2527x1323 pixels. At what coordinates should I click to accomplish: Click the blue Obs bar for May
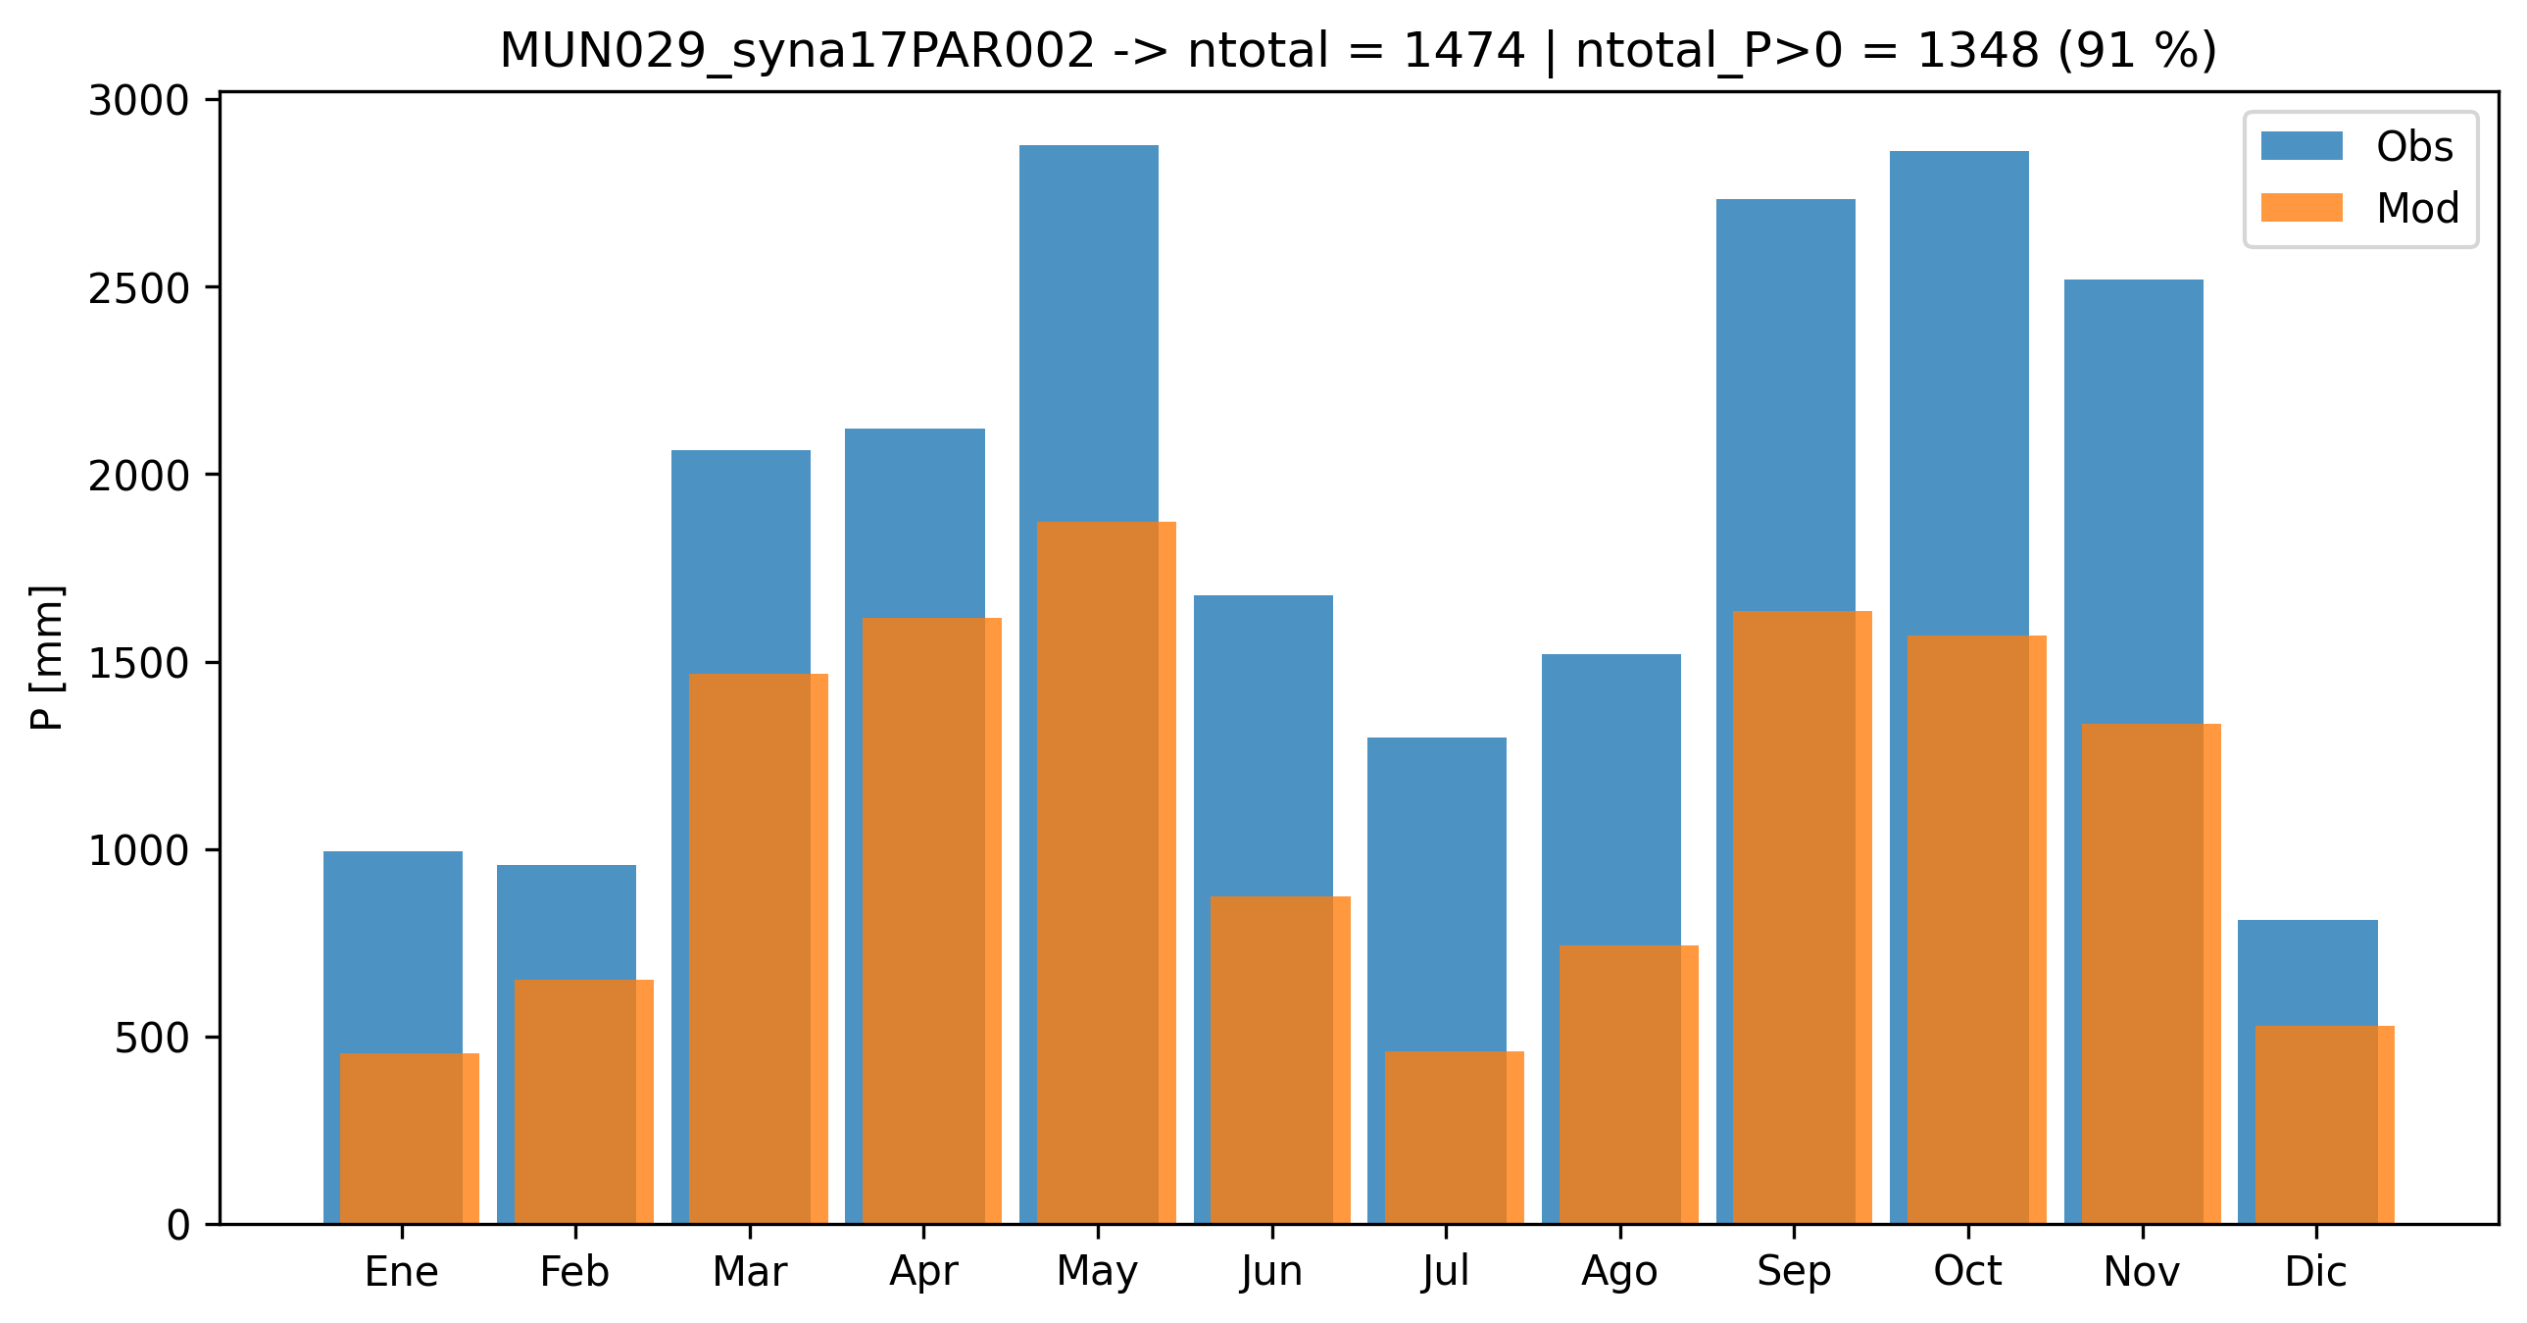click(1088, 333)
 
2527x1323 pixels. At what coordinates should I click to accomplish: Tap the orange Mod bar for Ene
click(409, 1139)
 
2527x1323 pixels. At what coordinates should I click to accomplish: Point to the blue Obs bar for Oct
click(1959, 392)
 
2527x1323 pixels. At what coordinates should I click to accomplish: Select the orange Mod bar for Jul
click(1454, 1138)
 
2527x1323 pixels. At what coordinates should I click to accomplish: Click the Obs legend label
click(2414, 147)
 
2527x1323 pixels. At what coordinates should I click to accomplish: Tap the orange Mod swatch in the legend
click(2302, 208)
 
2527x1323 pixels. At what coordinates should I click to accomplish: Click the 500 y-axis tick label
click(152, 1039)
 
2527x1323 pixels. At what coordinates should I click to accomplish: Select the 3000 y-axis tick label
click(138, 101)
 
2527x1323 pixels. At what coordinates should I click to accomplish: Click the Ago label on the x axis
click(1619, 1272)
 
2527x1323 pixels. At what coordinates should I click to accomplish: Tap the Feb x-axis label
click(574, 1272)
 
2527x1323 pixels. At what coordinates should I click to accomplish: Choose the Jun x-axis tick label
click(1271, 1272)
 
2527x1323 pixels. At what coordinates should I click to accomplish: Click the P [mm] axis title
click(47, 657)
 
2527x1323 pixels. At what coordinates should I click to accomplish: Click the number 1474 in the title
click(1463, 51)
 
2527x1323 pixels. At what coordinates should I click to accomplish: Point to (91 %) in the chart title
click(2138, 51)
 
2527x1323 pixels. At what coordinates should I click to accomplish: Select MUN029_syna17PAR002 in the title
click(797, 51)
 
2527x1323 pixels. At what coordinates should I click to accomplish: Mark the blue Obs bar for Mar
click(741, 559)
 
